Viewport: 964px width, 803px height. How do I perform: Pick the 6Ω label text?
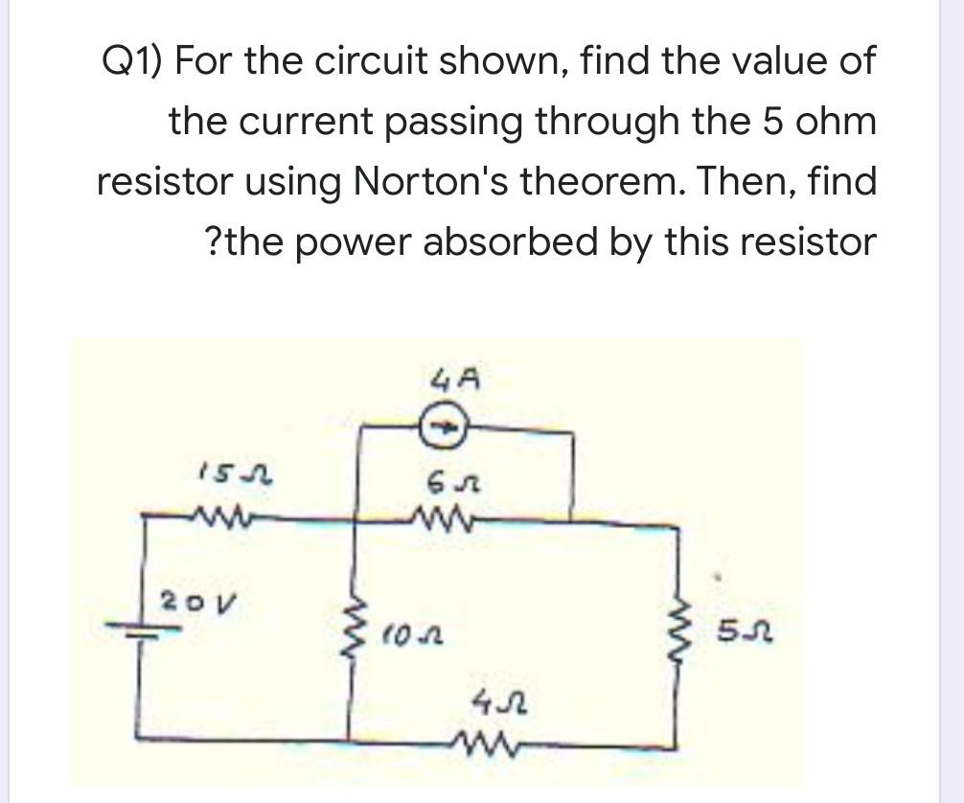pos(442,480)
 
